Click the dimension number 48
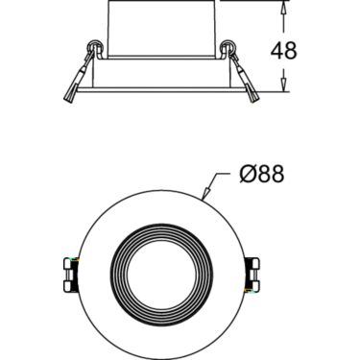coord(283,50)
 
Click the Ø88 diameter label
coord(262,174)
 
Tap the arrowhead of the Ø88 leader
coord(206,192)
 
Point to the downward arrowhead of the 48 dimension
coord(283,84)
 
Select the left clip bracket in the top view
coord(71,275)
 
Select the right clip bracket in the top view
coord(252,275)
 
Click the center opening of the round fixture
coord(161,275)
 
